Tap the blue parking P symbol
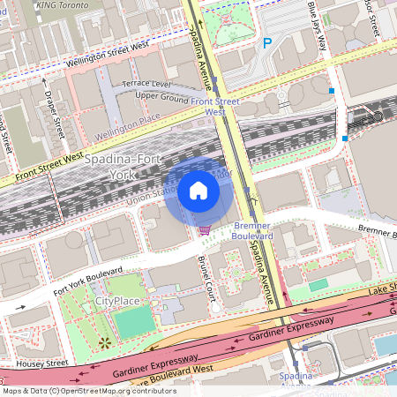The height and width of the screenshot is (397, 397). [x=266, y=41]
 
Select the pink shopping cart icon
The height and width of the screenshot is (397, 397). [x=205, y=229]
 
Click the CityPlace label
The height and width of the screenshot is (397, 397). [x=117, y=302]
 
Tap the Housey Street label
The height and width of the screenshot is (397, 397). [x=41, y=363]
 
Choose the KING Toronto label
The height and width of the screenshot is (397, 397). [x=64, y=5]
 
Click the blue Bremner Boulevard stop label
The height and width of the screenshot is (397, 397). [x=252, y=231]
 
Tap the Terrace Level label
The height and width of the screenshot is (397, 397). [x=146, y=83]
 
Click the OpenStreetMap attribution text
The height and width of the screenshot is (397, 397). [x=89, y=390]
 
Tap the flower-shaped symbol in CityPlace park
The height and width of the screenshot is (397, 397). [x=106, y=341]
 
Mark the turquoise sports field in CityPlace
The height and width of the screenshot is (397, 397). [x=133, y=322]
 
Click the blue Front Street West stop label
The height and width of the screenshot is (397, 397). [x=215, y=107]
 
